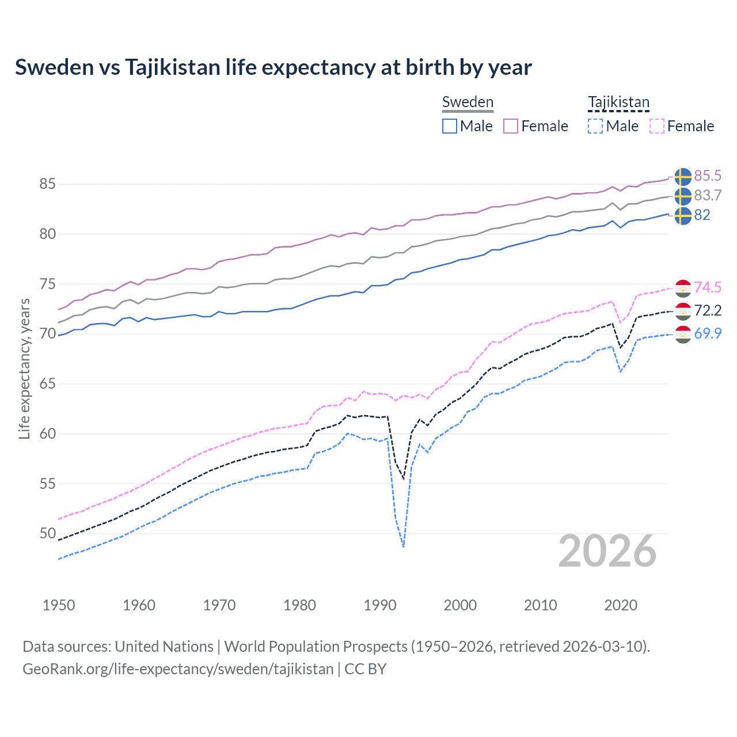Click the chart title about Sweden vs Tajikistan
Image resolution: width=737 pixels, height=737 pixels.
click(x=273, y=67)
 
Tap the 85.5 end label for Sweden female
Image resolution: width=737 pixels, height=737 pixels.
click(x=708, y=176)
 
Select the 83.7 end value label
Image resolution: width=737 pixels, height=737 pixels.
click(x=708, y=195)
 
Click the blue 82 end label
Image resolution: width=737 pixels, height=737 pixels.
click(x=702, y=215)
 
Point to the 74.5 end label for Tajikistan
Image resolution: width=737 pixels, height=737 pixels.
click(x=708, y=287)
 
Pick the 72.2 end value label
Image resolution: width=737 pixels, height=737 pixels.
click(x=708, y=310)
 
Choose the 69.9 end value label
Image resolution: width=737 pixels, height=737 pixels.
click(x=708, y=333)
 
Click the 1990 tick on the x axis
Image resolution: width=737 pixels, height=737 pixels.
click(x=380, y=605)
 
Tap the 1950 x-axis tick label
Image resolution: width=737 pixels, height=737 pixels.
click(x=59, y=605)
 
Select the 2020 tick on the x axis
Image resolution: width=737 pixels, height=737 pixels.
click(x=621, y=605)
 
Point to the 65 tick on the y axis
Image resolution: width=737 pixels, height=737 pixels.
click(x=47, y=383)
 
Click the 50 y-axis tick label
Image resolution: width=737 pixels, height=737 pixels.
click(x=47, y=534)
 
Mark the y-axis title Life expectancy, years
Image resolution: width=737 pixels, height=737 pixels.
click(x=24, y=368)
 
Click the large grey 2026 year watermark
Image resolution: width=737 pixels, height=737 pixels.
click(x=607, y=551)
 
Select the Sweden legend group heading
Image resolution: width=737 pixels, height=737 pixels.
click(x=468, y=102)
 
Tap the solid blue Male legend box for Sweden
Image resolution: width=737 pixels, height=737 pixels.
click(x=450, y=126)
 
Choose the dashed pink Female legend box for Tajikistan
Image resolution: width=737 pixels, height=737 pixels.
click(x=656, y=126)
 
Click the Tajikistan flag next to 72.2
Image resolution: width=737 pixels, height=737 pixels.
click(x=683, y=311)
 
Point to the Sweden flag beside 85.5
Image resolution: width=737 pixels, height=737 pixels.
click(x=683, y=176)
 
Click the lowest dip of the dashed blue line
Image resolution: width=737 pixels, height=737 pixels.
click(x=404, y=546)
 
